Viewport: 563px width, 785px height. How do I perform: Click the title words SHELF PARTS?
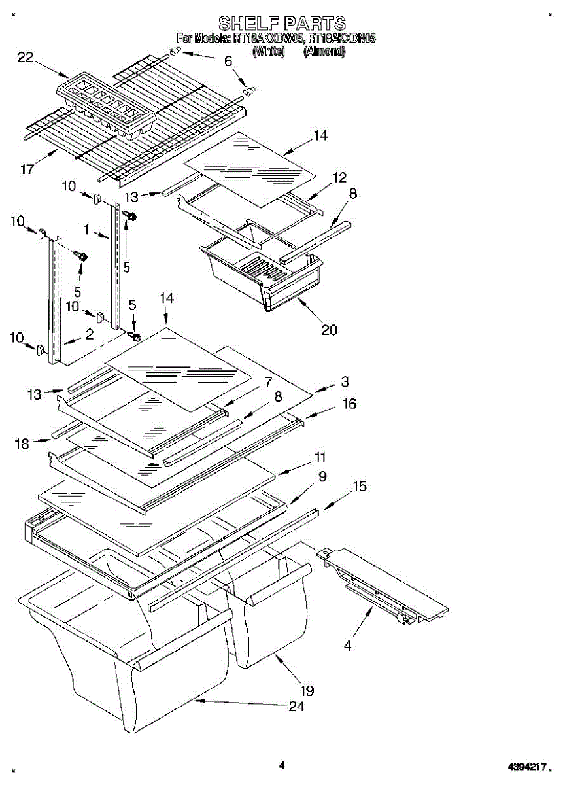(282, 24)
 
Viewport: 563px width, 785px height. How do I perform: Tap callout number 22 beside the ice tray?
(26, 58)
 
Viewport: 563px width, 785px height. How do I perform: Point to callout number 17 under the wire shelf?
(27, 170)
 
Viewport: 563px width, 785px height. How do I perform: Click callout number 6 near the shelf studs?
(228, 61)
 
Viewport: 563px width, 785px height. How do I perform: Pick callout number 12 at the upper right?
(339, 177)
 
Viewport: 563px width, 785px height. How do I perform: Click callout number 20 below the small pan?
(329, 330)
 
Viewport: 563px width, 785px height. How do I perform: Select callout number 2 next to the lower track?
(90, 334)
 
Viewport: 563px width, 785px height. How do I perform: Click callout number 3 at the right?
(345, 382)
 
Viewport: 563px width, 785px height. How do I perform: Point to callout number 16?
(350, 404)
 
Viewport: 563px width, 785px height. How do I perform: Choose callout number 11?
(320, 457)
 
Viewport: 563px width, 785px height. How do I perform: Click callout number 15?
(360, 487)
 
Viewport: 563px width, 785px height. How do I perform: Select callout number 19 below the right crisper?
(307, 690)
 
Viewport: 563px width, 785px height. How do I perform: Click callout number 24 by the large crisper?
(296, 706)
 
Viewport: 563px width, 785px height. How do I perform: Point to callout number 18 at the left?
(23, 444)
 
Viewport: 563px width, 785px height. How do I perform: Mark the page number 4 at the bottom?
(282, 765)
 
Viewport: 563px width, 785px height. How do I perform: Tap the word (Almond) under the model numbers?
(324, 51)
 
